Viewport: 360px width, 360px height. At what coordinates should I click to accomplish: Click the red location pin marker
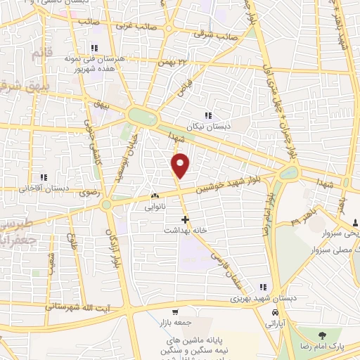coord(181,165)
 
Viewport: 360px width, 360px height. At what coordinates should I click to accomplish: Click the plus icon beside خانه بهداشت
coord(185,219)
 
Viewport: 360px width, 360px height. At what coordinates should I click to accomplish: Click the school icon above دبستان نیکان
coord(207,115)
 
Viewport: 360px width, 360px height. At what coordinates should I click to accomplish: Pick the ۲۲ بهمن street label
coord(175,64)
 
